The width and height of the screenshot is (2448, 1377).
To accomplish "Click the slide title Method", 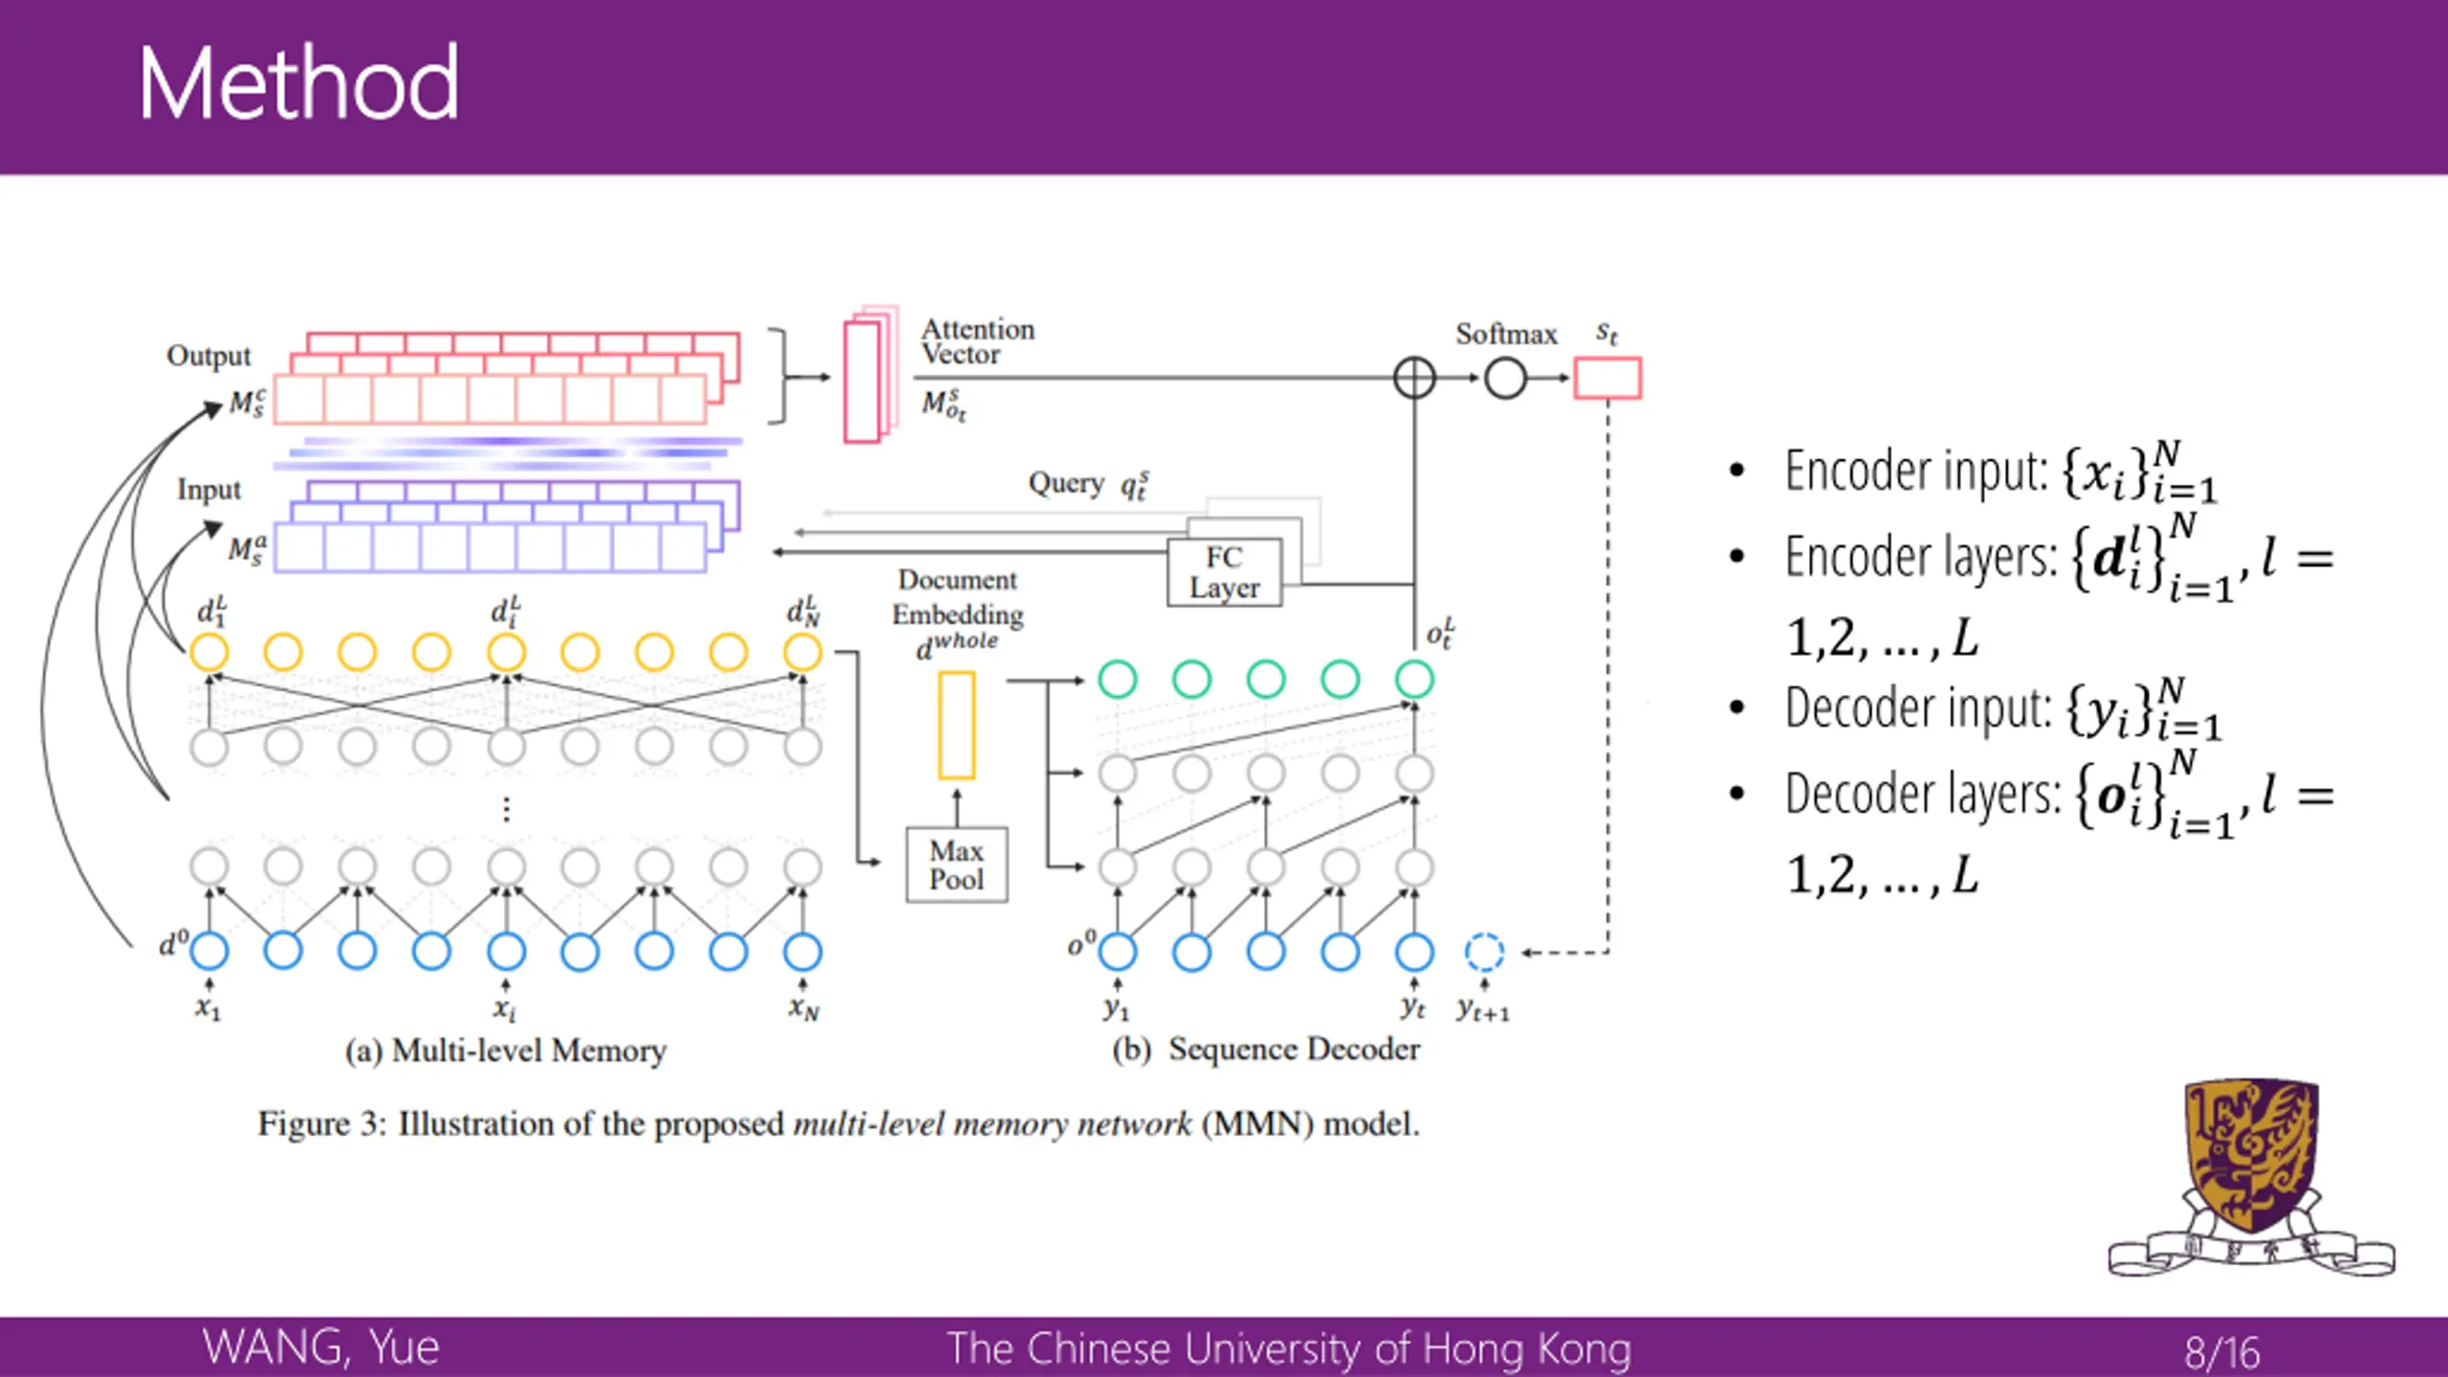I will [x=298, y=84].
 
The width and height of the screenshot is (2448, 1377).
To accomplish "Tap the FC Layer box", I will [x=1224, y=572].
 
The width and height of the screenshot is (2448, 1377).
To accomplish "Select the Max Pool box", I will [x=956, y=864].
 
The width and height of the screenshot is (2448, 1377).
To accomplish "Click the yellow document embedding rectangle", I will [x=956, y=725].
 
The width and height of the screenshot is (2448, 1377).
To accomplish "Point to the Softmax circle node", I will [x=1505, y=379].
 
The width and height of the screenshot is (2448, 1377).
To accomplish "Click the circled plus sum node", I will [x=1414, y=378].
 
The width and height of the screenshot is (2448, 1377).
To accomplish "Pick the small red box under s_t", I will [x=1607, y=378].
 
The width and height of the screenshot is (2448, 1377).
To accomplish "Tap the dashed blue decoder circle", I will [x=1484, y=951].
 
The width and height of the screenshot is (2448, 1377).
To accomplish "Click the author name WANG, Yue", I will [x=320, y=1347].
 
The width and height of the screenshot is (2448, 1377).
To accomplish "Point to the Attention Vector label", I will [x=977, y=341].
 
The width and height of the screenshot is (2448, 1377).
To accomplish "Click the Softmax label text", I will [x=1506, y=334].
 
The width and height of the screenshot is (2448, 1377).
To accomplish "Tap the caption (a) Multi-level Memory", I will [x=505, y=1050].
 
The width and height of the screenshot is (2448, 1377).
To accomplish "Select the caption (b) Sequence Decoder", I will [x=1266, y=1049].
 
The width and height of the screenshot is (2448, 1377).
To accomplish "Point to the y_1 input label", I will [x=1116, y=1008].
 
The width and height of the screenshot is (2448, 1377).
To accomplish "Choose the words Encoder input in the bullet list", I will [x=1915, y=470].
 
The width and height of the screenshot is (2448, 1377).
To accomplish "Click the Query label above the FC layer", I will [x=1065, y=483].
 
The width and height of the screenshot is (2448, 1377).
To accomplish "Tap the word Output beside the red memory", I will [x=208, y=356].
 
